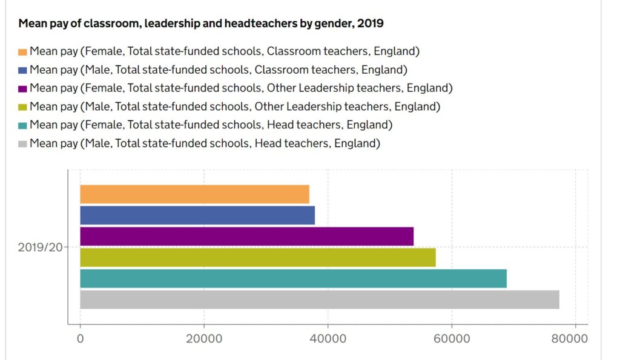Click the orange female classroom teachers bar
point(194,194)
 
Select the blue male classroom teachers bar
point(197,215)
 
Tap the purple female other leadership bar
point(246,236)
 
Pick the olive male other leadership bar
point(257,257)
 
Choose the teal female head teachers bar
point(293,278)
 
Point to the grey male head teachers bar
point(319,299)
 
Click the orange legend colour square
point(23,51)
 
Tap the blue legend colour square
point(23,70)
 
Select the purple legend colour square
point(23,89)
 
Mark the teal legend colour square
point(23,126)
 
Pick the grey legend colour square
point(23,145)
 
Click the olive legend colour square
point(23,108)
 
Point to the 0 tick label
point(80,339)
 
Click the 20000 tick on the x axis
point(204,339)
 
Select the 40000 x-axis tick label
point(328,339)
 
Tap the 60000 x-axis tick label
point(452,339)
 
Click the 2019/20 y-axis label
point(40,247)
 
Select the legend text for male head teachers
point(205,144)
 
